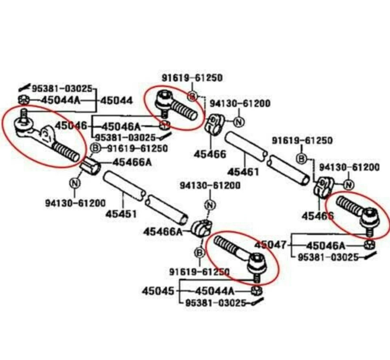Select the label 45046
pyautogui.click(x=71, y=125)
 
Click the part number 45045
pyautogui.click(x=158, y=291)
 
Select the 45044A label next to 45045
pyautogui.click(x=214, y=291)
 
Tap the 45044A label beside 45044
pyautogui.click(x=61, y=100)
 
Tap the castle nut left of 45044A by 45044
pyautogui.click(x=23, y=100)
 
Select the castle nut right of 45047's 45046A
pyautogui.click(x=369, y=244)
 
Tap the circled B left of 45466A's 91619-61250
pyautogui.click(x=96, y=148)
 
